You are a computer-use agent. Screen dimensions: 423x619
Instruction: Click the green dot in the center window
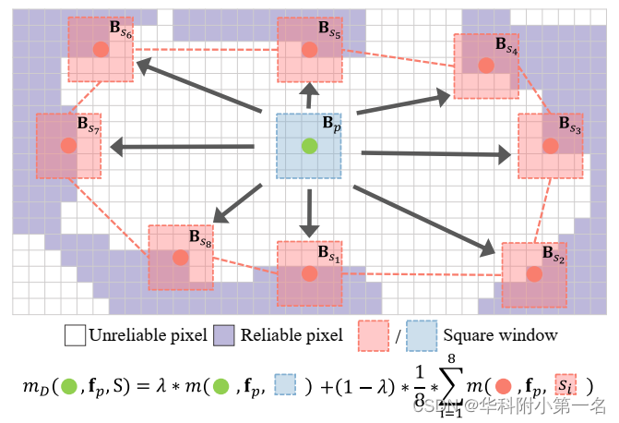pyautogui.click(x=310, y=145)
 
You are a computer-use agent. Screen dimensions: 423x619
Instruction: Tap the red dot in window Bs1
pyautogui.click(x=310, y=272)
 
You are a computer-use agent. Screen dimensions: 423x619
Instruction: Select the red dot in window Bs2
pyautogui.click(x=534, y=273)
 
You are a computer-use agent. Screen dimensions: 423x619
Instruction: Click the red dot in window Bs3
pyautogui.click(x=550, y=146)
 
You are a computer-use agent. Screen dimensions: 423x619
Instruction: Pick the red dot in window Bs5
pyautogui.click(x=310, y=49)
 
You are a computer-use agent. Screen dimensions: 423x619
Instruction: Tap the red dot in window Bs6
pyautogui.click(x=101, y=50)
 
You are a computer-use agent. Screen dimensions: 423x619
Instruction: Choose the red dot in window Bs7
pyautogui.click(x=68, y=146)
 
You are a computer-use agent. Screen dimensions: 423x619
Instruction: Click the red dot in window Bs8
pyautogui.click(x=181, y=258)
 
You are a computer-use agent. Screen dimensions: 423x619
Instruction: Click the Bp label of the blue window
pyautogui.click(x=330, y=122)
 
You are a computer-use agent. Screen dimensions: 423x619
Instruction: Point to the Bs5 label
pyautogui.click(x=330, y=30)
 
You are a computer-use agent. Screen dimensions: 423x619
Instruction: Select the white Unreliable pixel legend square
pyautogui.click(x=75, y=334)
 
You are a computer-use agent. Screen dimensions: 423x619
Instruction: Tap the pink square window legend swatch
pyautogui.click(x=373, y=334)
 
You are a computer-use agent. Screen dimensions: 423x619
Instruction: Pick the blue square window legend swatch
pyautogui.click(x=422, y=334)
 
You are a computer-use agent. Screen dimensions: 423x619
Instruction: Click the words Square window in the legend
pyautogui.click(x=499, y=335)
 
